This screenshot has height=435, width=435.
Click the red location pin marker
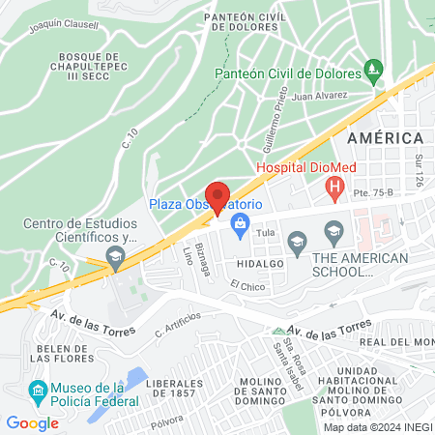click(217, 196)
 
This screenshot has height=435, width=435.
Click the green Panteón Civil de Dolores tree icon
click(374, 71)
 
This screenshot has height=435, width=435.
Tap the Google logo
click(32, 422)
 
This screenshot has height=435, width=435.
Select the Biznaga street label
click(203, 257)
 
